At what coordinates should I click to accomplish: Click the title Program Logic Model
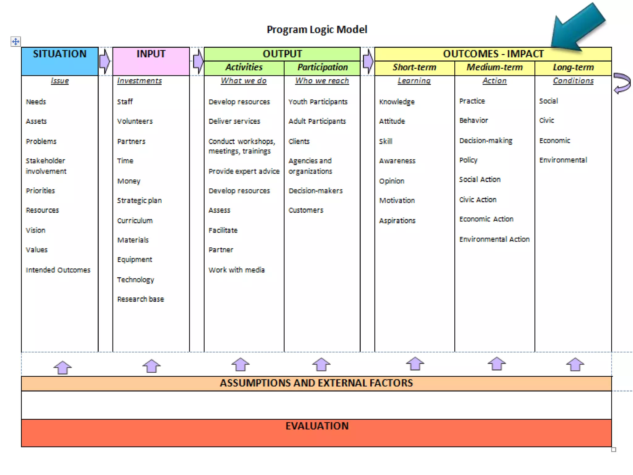tap(317, 30)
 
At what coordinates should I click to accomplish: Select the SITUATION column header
tap(60, 54)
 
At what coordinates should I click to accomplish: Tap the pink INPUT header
tap(151, 54)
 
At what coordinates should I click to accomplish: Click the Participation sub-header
tap(322, 67)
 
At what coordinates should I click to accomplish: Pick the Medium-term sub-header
tap(494, 67)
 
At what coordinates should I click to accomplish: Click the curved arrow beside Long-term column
tap(622, 83)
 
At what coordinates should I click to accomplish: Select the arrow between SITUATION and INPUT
tap(105, 61)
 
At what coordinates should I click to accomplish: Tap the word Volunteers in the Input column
tap(135, 121)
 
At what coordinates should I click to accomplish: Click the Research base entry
tap(140, 299)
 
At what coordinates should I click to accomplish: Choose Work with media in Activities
tap(236, 270)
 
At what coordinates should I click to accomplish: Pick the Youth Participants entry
tap(318, 102)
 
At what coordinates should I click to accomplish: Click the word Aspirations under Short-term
tap(397, 220)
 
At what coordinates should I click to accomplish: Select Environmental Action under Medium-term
tap(494, 239)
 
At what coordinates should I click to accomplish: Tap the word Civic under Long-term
tap(546, 120)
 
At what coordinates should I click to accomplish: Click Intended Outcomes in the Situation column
tap(58, 270)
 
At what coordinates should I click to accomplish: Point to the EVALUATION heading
tap(317, 426)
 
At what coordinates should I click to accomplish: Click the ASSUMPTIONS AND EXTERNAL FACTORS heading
tap(316, 383)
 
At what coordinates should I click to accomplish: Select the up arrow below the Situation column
tap(62, 367)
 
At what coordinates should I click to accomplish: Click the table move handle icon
tap(15, 41)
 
